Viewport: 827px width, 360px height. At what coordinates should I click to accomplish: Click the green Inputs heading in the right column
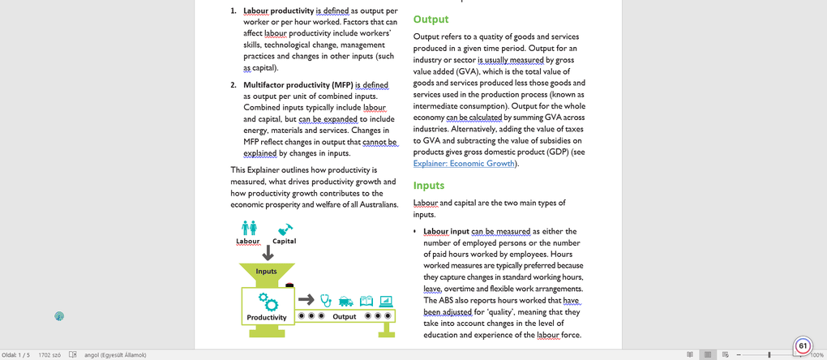tap(429, 186)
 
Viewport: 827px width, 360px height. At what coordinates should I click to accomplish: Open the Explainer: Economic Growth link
tap(464, 164)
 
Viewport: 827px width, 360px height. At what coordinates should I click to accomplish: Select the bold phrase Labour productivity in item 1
tap(279, 11)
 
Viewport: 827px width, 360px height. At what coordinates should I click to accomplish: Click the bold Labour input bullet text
tap(446, 231)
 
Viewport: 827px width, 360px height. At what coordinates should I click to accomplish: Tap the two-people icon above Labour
tap(249, 228)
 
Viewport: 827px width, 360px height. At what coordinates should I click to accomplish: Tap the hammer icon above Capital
tap(285, 229)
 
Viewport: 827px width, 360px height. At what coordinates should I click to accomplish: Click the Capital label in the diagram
tap(284, 241)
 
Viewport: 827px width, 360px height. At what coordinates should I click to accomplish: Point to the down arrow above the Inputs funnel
tap(267, 254)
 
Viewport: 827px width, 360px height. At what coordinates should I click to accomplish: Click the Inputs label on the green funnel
tap(266, 271)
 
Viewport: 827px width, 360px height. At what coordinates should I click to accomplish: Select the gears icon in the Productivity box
tap(268, 301)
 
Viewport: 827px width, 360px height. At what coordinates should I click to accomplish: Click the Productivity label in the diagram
tap(267, 317)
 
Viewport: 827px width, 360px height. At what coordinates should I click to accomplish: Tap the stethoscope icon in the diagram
tap(326, 299)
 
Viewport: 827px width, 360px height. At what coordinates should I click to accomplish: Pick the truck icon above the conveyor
tap(345, 300)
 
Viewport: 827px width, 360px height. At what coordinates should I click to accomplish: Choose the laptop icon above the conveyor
tap(386, 299)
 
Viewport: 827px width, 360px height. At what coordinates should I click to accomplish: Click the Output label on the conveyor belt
tap(345, 316)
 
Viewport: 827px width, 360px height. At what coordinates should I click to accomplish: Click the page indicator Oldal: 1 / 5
tap(15, 354)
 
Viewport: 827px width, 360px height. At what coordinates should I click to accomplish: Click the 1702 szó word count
tap(50, 354)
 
